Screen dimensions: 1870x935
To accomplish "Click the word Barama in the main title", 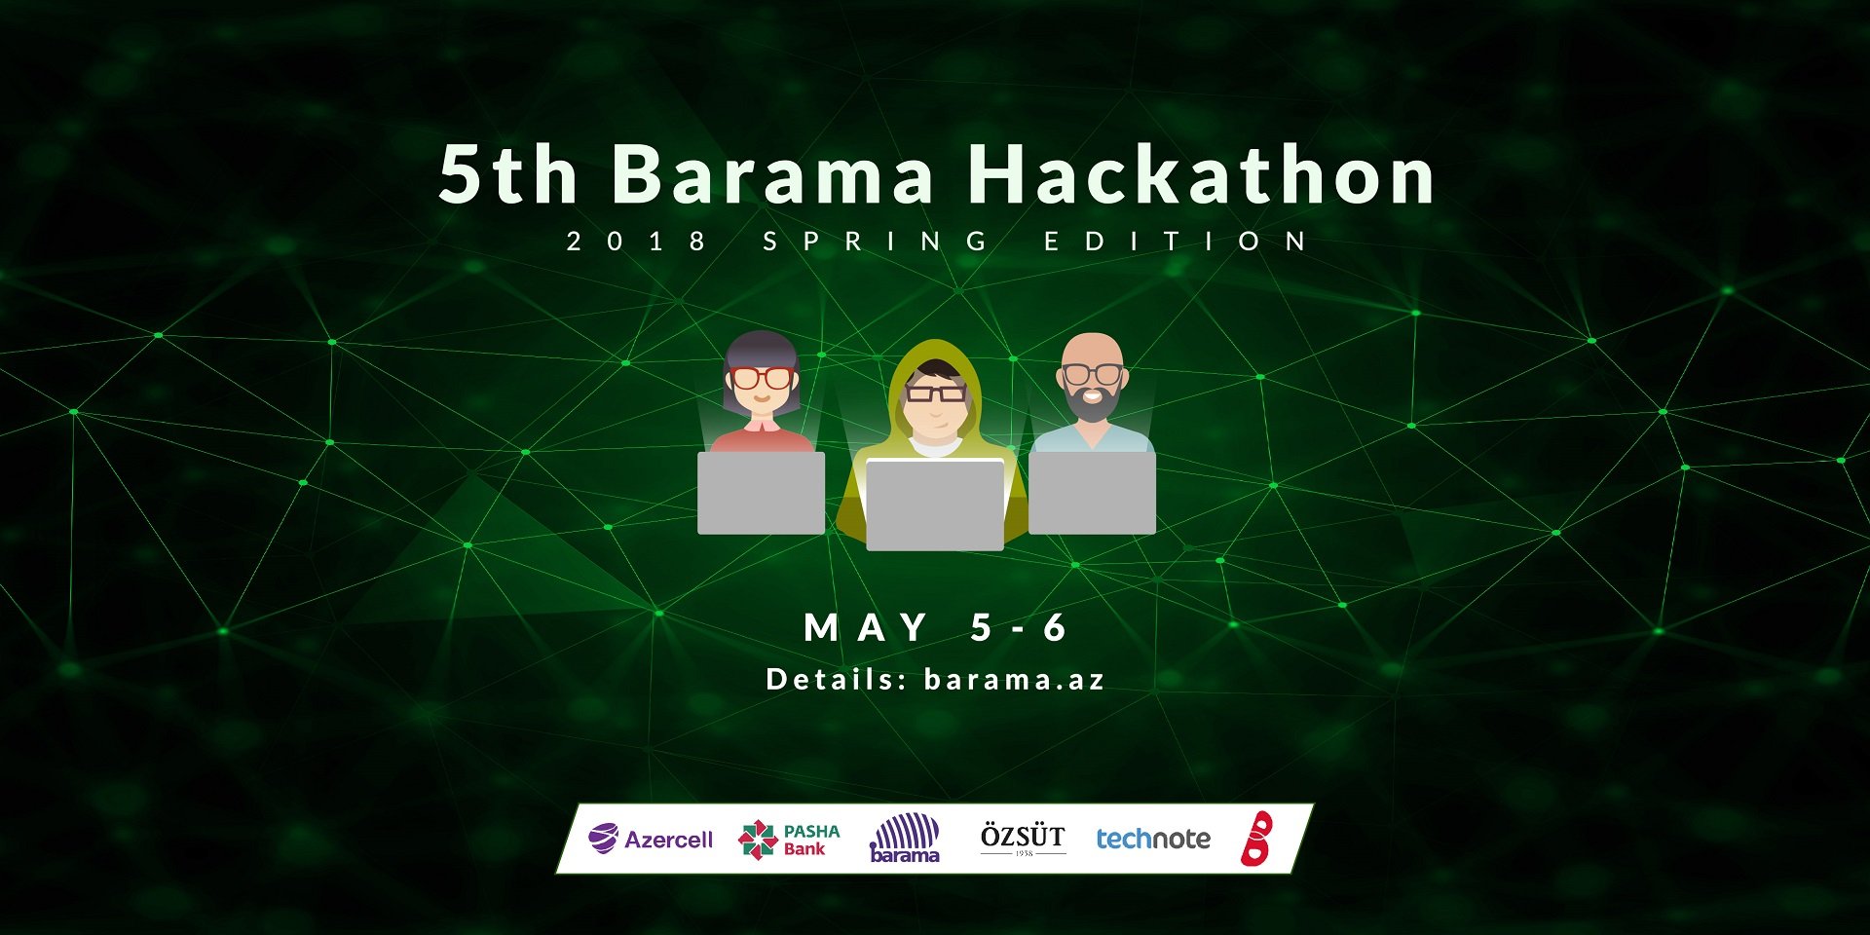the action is coord(774,174).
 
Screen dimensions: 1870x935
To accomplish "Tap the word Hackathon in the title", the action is coord(1201,174).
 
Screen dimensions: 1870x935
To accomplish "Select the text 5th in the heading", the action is coord(508,174).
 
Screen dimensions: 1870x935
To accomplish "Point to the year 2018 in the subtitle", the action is coord(636,241).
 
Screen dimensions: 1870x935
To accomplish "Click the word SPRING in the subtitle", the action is coord(876,241).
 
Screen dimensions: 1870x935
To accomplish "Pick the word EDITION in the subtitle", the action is coord(1175,241).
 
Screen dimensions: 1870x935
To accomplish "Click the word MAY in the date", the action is coord(866,627).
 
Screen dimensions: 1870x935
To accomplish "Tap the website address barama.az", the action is coord(1014,679).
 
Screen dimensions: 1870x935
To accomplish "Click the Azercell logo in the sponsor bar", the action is coord(651,839).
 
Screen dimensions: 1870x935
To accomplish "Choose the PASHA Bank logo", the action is coord(789,840).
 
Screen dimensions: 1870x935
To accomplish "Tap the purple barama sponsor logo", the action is coord(905,839).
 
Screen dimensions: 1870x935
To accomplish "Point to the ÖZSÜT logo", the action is coord(1023,838).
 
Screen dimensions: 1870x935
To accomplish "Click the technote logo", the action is coord(1153,839).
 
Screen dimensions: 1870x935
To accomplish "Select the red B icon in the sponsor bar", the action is coord(1257,838).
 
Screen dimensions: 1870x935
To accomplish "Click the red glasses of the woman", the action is coord(762,378).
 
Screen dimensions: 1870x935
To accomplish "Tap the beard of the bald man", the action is coord(1093,402).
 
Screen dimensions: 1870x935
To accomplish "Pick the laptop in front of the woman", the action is coord(762,493).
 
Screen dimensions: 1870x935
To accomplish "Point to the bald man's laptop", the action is coord(1093,493).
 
